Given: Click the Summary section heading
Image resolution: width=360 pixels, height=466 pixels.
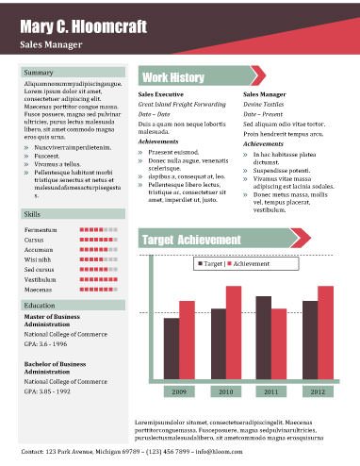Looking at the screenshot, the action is coord(39,73).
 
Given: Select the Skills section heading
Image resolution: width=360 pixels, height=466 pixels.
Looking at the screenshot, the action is coord(33,216).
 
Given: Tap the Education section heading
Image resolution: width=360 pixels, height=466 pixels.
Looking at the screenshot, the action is coord(41,306).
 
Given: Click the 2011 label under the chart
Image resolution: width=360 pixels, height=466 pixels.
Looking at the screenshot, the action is coord(271,391).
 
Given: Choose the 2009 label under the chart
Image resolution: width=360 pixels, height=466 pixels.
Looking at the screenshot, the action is coord(179,391).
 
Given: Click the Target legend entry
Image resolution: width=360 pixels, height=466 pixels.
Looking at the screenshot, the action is coord(211,265).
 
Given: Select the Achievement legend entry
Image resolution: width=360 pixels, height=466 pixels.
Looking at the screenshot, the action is coord(252,265).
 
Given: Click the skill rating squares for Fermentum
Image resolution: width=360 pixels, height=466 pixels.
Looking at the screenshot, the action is coord(98,230).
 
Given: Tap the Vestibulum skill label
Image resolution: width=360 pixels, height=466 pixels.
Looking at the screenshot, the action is coord(41,280).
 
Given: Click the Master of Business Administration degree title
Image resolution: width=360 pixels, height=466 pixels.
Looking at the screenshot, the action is coord(51,322).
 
